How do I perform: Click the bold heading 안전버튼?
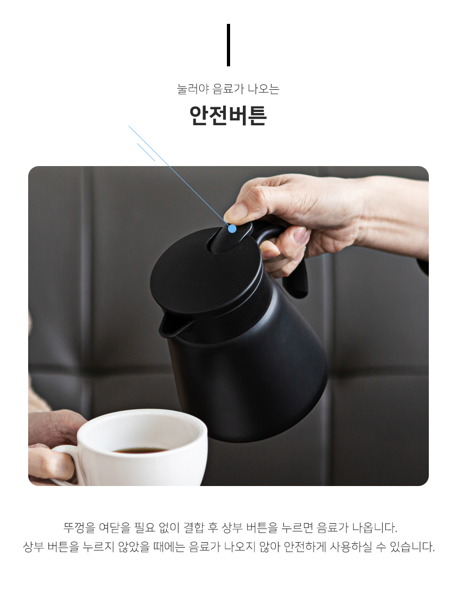(x=228, y=115)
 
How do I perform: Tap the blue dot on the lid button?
(x=232, y=229)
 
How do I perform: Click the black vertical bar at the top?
(x=228, y=45)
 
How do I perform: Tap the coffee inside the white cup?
(x=140, y=450)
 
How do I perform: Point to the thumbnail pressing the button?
(x=234, y=213)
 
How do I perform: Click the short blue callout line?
(x=146, y=152)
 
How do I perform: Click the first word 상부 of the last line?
(x=33, y=547)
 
